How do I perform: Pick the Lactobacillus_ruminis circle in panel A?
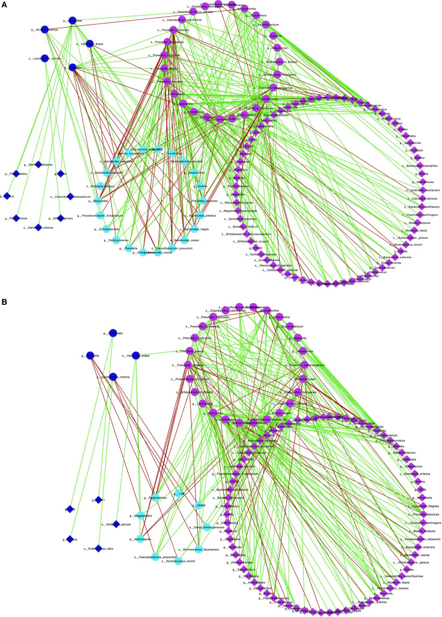45,58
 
